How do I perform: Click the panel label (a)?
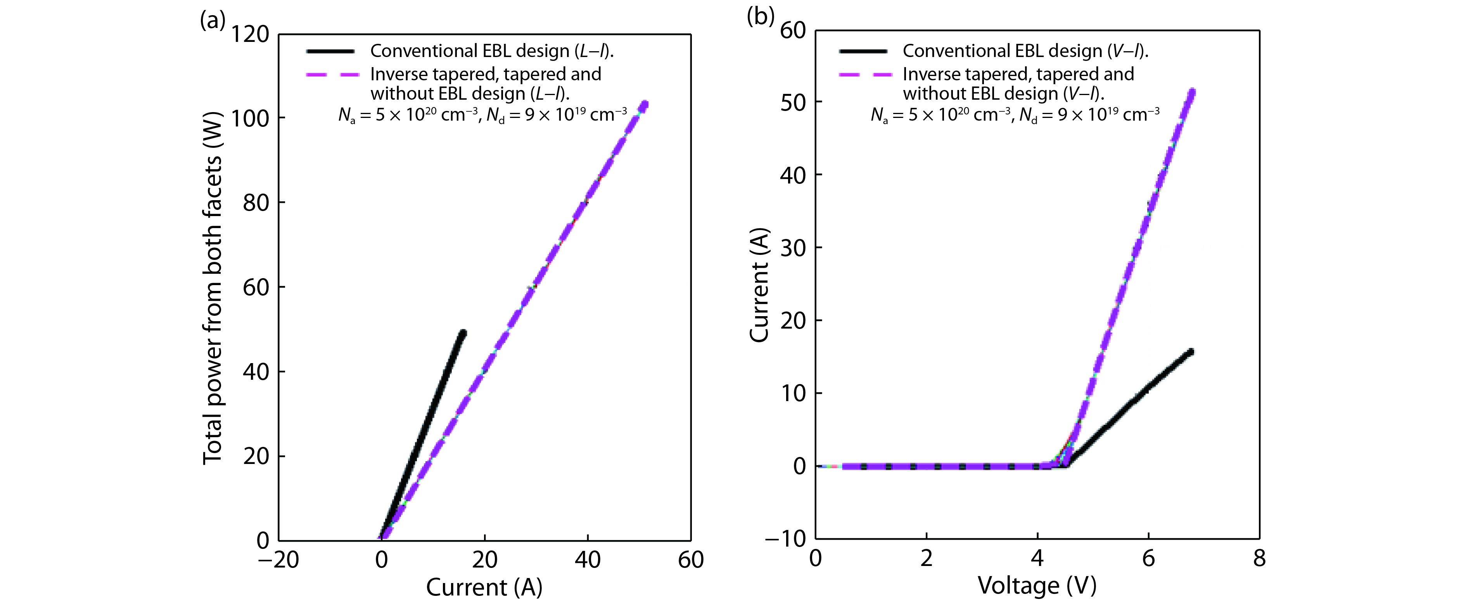tap(212, 21)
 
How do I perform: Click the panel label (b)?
tap(760, 17)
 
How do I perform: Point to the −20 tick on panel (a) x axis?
tap(278, 560)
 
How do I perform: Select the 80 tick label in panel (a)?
tap(256, 202)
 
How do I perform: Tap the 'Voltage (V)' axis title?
tap(1037, 585)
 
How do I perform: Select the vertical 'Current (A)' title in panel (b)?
tap(759, 285)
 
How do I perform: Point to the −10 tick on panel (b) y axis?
tap(785, 538)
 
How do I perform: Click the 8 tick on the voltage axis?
tap(1259, 559)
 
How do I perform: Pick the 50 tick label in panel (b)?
tap(793, 102)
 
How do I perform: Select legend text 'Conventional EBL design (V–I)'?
tap(1025, 51)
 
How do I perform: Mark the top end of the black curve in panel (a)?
tap(463, 333)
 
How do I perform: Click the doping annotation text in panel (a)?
tap(482, 114)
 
